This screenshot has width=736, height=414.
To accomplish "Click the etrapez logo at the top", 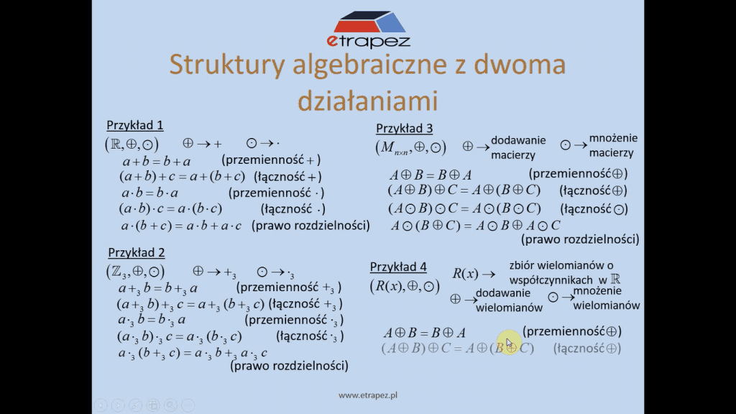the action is point(369,29).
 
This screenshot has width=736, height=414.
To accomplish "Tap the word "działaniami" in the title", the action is point(368,101).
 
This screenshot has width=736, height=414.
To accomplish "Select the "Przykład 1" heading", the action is point(134,125).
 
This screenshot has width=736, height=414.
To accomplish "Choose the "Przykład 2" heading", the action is point(136,252).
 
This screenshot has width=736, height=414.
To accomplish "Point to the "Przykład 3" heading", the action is point(404,128).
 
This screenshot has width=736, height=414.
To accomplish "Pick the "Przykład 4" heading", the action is point(398,267).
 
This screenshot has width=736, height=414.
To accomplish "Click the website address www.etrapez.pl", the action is point(368,395).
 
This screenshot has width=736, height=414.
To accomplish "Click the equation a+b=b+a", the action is point(157,162).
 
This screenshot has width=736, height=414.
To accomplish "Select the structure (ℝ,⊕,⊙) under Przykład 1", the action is point(132,144).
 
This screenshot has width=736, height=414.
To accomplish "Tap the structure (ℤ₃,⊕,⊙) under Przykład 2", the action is point(135,271).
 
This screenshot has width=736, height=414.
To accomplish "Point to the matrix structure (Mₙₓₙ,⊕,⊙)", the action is point(410,147).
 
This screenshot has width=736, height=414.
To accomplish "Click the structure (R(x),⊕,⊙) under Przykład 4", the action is point(405,286).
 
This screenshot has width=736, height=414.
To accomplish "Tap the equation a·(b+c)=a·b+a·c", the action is point(181,226).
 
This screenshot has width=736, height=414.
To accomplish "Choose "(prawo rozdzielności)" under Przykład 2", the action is point(289,366).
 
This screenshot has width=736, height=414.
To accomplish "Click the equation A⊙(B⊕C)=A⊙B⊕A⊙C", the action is point(476,226).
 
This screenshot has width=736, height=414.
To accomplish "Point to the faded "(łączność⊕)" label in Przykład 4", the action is point(587,349).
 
